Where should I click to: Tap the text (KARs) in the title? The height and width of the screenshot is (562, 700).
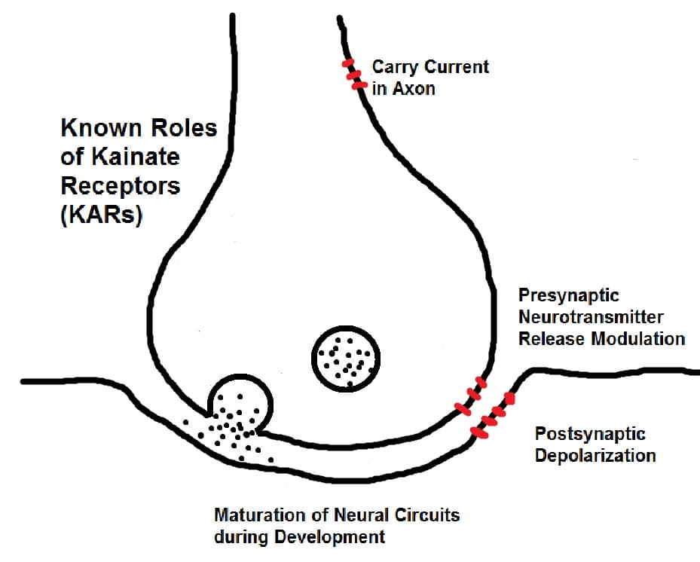101,214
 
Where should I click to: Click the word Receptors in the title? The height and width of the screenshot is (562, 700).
120,185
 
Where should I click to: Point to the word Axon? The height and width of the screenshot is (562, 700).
412,89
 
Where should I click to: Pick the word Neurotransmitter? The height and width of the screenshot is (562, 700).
591,316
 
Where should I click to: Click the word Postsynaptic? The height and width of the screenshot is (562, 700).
590,434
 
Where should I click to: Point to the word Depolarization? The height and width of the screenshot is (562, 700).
595,456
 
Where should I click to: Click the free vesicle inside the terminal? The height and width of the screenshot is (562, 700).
345,359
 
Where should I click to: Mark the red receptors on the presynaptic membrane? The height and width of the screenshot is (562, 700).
469,399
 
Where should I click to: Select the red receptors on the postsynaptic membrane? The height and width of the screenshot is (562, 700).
493,416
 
